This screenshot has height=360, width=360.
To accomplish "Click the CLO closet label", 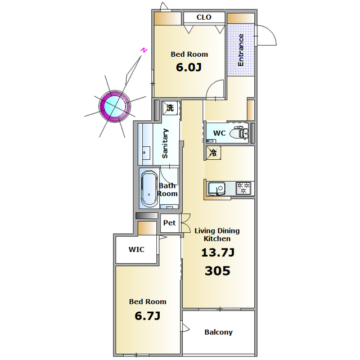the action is point(204,17).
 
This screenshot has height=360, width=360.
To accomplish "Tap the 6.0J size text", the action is point(189,67).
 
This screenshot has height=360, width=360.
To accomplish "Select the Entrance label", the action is point(240,50).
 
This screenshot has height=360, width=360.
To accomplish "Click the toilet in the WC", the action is point(239,133).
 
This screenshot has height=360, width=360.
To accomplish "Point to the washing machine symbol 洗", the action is point(170,107).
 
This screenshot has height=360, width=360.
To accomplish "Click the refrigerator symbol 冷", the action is point(213,152).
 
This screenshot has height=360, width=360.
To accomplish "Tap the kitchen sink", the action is point(216,188).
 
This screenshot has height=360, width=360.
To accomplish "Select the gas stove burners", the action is point(244,188).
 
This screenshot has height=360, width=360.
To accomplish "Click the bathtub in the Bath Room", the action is point(149,189).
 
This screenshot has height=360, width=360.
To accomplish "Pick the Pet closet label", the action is point(169,223).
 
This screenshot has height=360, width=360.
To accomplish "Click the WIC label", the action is point(136,249).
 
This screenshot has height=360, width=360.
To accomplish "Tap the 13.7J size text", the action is point(218,253).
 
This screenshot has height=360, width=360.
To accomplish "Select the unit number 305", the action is point(218,271).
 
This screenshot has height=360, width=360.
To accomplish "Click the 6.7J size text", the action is point(147,316).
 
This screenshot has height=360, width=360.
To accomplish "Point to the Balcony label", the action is point(218,332).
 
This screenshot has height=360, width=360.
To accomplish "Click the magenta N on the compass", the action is point(144,50).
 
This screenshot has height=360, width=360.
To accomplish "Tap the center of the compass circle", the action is point(115,106).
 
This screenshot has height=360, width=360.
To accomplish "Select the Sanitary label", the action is point(165,143).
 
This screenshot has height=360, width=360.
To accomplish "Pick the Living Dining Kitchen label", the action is point(217,235).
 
